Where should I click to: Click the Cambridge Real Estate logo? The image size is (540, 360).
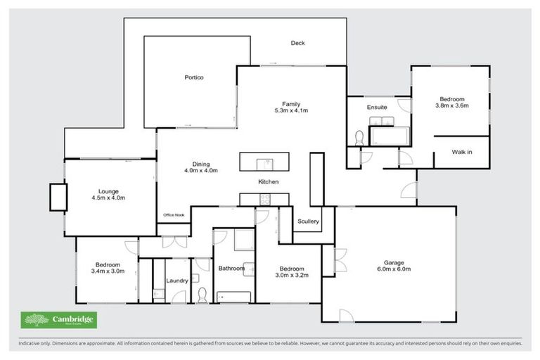coord(59,321)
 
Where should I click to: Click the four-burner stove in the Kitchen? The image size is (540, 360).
coord(264,200)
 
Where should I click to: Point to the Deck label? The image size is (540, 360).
coord(298,43)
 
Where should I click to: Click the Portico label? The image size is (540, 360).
coord(194,77)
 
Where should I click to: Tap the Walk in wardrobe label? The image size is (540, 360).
coord(462,151)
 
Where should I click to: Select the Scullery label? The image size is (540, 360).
coord(308,221)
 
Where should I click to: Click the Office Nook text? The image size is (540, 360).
coord(172,214)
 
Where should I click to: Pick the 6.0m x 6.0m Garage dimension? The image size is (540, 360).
coord(394,269)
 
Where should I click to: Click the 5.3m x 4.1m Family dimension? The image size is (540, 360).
coord(291,110)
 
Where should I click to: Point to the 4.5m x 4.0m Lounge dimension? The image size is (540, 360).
coord(108,198)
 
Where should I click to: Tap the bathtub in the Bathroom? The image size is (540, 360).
coord(233,297)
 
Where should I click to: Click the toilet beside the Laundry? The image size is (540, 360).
coord(202,295)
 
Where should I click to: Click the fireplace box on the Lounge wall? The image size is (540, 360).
coord(57,197)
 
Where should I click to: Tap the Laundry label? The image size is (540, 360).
coord(176,281)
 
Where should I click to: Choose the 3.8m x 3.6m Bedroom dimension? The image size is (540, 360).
coord(451,106)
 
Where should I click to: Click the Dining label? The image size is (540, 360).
coord(201,162)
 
